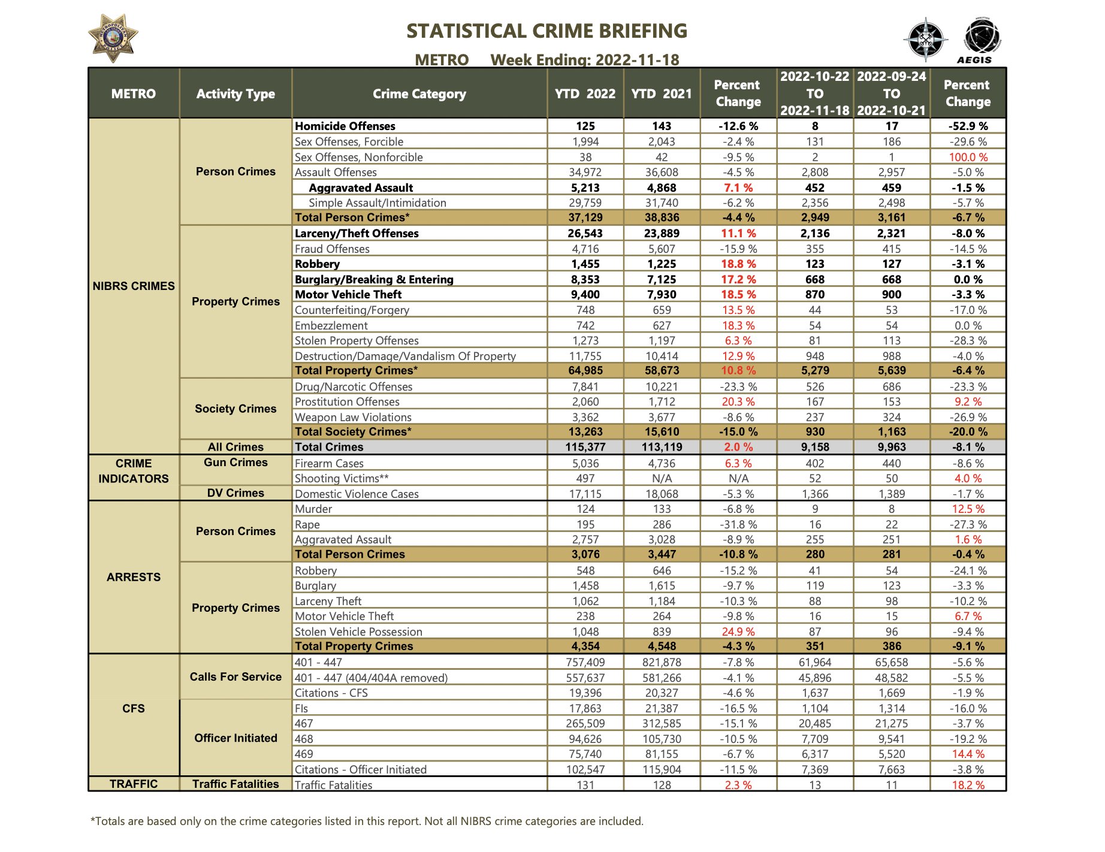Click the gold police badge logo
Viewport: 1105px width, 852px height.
pyautogui.click(x=113, y=38)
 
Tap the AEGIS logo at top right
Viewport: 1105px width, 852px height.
pyautogui.click(x=981, y=41)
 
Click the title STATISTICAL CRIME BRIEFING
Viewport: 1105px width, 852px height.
pyautogui.click(x=547, y=31)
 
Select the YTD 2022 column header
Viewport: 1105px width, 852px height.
pyautogui.click(x=585, y=93)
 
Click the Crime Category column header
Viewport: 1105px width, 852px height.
pyautogui.click(x=419, y=93)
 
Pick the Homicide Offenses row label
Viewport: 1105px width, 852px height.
pyautogui.click(x=345, y=126)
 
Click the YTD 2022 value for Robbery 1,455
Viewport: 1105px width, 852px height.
pyautogui.click(x=585, y=264)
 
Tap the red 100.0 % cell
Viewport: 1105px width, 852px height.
pyautogui.click(x=968, y=157)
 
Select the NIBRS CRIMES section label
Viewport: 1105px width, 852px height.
pyautogui.click(x=134, y=286)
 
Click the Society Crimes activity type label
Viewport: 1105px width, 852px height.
pyautogui.click(x=236, y=409)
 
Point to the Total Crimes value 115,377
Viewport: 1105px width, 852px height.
pyautogui.click(x=585, y=447)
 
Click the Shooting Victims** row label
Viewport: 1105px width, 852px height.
pyautogui.click(x=342, y=478)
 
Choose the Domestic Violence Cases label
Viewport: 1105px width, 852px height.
pyautogui.click(x=357, y=494)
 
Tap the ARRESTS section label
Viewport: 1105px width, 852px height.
pyautogui.click(x=134, y=577)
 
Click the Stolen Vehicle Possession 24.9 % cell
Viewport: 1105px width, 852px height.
pyautogui.click(x=738, y=632)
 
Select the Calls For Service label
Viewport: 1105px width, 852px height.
pyautogui.click(x=236, y=676)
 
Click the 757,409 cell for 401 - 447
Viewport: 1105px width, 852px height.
pyautogui.click(x=585, y=662)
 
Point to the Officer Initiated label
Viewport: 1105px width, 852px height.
pyautogui.click(x=236, y=738)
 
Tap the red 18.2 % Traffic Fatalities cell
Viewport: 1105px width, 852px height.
pyautogui.click(x=968, y=785)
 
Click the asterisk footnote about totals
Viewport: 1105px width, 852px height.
pyautogui.click(x=367, y=821)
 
